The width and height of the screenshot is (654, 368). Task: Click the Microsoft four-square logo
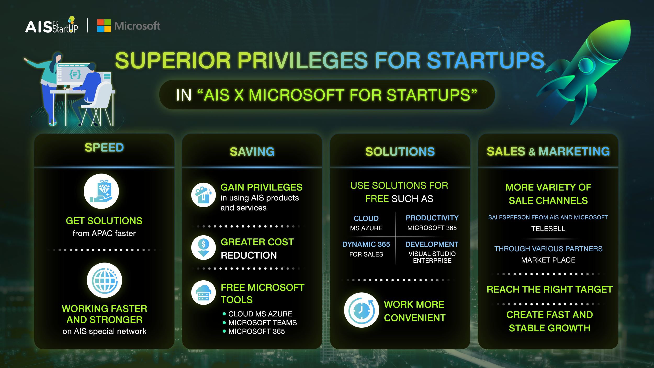104,26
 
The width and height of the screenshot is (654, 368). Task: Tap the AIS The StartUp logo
52,25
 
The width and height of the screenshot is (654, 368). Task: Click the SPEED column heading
104,148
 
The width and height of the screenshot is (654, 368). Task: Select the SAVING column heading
252,152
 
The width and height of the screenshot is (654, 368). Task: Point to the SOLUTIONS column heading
400,152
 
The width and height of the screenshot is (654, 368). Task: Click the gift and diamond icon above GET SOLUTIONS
101,191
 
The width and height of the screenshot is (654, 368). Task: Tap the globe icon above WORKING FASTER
104,280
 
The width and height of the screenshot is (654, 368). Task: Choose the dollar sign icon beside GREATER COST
204,248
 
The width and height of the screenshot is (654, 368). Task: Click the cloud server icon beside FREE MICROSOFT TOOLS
204,293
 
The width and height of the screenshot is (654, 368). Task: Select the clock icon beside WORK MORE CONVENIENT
362,310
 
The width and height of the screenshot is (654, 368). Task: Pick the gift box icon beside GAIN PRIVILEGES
204,195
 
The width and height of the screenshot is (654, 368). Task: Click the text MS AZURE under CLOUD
366,228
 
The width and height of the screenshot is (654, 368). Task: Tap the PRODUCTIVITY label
432,218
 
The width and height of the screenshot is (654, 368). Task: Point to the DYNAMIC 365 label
366,244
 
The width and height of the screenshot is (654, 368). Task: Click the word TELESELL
548,229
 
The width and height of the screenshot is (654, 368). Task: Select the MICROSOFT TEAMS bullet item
262,323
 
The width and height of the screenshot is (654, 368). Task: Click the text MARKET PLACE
548,260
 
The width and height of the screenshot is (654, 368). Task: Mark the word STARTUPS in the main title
486,60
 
